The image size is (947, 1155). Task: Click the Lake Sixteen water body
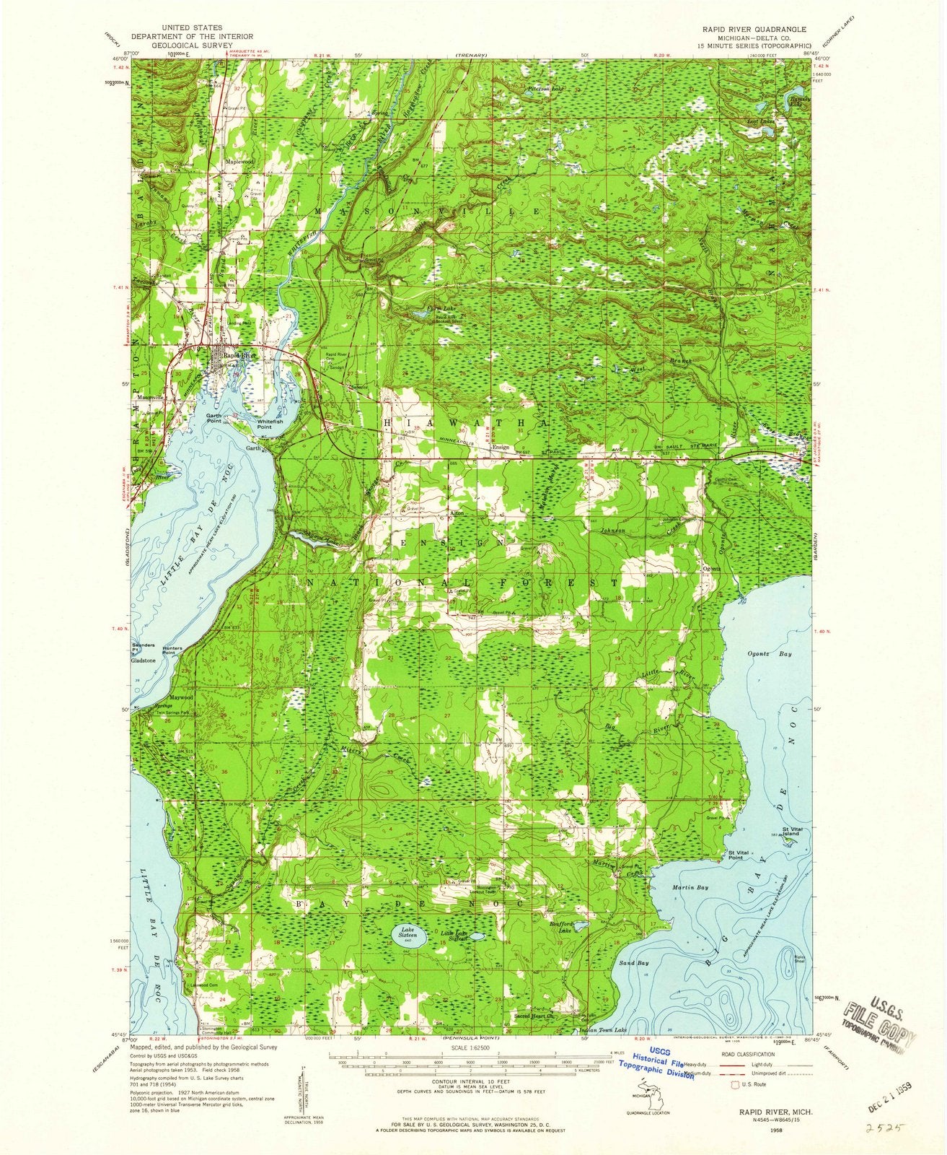[402, 937]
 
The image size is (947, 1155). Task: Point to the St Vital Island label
[792, 832]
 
